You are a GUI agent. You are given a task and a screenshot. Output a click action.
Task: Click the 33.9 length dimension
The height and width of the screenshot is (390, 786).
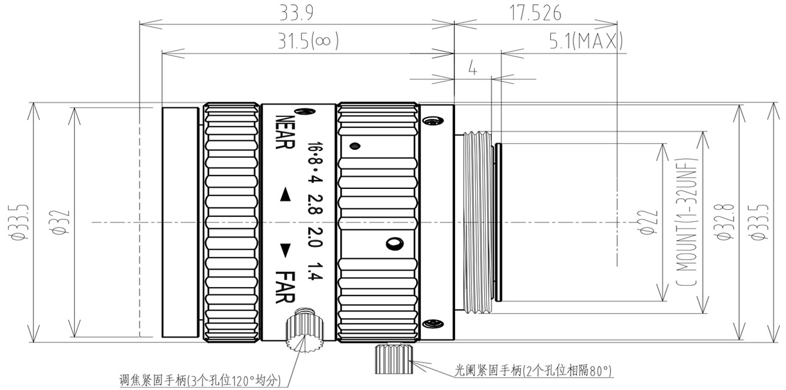[x=296, y=13]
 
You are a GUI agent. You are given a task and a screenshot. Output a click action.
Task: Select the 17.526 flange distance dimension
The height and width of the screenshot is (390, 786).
[x=535, y=13]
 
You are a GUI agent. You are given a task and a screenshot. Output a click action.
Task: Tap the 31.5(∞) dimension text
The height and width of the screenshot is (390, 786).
[x=308, y=41]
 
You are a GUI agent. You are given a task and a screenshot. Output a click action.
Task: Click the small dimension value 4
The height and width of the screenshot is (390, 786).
[x=473, y=68]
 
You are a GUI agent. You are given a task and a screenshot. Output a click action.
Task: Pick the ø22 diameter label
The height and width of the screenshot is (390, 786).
[x=648, y=222]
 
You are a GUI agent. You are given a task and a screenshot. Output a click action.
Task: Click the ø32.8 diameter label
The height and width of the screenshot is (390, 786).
[x=724, y=222]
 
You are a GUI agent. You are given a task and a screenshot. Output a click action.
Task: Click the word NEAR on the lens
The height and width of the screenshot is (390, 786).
[x=285, y=132]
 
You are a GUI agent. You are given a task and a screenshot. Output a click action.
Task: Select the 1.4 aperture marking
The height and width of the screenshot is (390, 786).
[x=315, y=271]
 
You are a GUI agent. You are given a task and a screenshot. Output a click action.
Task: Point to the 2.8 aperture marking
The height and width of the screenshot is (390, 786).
[x=315, y=204]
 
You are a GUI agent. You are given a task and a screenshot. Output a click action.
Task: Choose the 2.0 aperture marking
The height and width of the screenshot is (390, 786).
[x=315, y=237]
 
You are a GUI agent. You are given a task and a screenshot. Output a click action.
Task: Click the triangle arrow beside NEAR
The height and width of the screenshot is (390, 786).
[x=285, y=194]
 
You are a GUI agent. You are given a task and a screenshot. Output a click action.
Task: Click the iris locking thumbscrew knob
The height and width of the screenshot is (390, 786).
[x=394, y=358]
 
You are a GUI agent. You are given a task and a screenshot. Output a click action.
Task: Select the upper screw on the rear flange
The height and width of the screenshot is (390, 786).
[x=433, y=121]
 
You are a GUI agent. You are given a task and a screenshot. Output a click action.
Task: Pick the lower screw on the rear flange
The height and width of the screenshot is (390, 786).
[x=433, y=324]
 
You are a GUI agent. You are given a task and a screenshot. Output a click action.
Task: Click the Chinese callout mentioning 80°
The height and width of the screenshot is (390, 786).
[x=534, y=370]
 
